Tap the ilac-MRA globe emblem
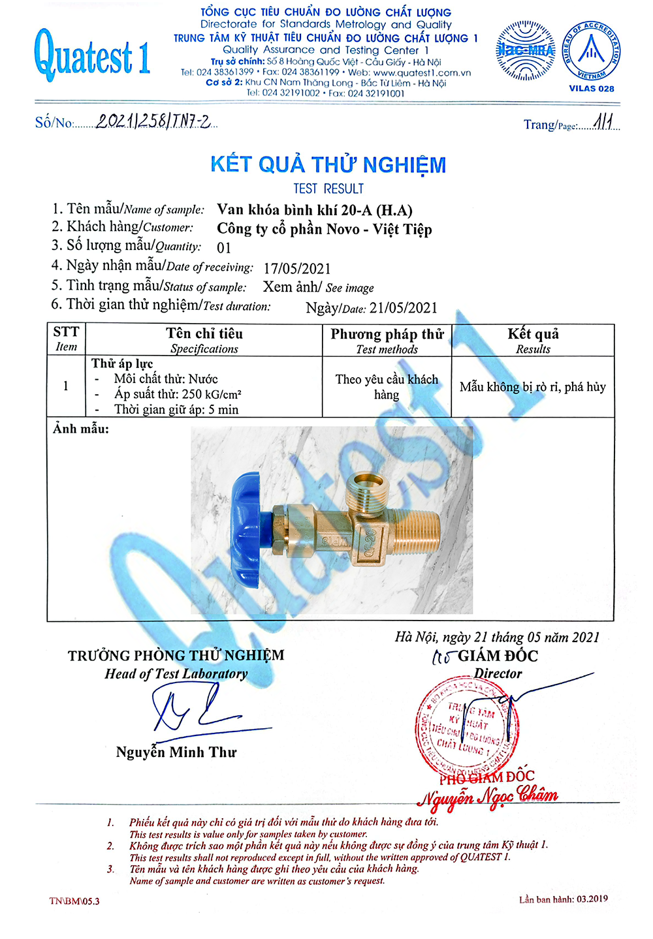526,50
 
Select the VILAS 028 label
591,89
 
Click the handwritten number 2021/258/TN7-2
153,121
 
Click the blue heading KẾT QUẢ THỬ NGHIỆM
328,164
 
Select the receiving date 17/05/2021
297,268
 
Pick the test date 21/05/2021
403,308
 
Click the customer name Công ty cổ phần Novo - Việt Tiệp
325,229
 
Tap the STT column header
66,339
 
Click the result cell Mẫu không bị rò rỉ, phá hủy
533,387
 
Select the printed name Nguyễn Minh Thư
176,752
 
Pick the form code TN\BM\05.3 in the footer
74,901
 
